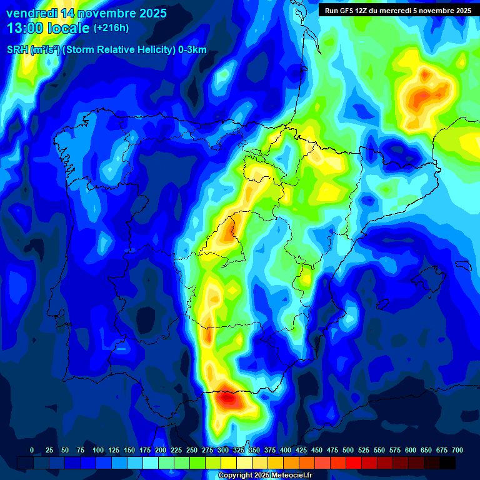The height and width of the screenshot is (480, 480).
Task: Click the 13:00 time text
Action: coord(25,28)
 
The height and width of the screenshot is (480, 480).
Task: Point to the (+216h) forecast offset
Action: coord(111,28)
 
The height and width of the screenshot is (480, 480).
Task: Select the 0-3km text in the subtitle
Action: coord(192,50)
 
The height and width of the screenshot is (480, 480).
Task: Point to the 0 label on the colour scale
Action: coord(32,450)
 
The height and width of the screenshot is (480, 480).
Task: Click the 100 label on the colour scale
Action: coord(98,450)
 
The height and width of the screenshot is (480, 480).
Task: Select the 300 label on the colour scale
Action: coord(223,450)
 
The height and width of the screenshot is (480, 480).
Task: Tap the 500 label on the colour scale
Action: coord(348,450)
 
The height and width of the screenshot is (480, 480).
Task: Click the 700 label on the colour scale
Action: coord(457,450)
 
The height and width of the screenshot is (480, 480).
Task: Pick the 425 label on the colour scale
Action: coord(301,450)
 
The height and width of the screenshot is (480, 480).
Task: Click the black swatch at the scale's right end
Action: coord(447,462)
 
